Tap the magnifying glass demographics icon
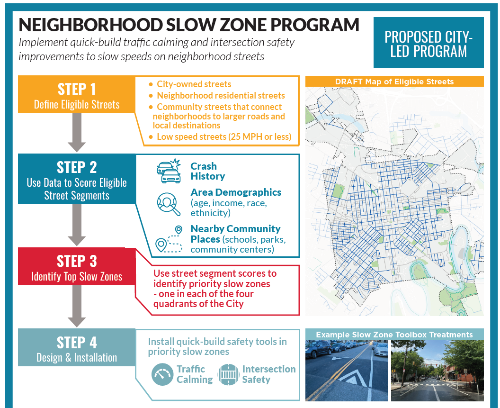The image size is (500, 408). pyautogui.click(x=169, y=204)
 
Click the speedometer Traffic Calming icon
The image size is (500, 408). pyautogui.click(x=162, y=374)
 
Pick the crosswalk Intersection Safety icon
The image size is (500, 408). pyautogui.click(x=228, y=374)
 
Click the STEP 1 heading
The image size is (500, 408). pyautogui.click(x=77, y=89)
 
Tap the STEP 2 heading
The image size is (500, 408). pyautogui.click(x=77, y=167)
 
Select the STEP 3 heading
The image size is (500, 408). pyautogui.click(x=77, y=261)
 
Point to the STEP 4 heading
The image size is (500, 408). pyautogui.click(x=77, y=343)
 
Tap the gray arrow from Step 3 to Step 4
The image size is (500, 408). pyautogui.click(x=77, y=306)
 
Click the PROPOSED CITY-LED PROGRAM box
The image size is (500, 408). pyautogui.click(x=429, y=43)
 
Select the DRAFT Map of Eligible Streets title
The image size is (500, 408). pyautogui.click(x=394, y=82)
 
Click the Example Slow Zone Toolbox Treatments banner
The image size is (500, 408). pyautogui.click(x=394, y=335)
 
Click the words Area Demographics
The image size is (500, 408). pyautogui.click(x=236, y=192)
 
